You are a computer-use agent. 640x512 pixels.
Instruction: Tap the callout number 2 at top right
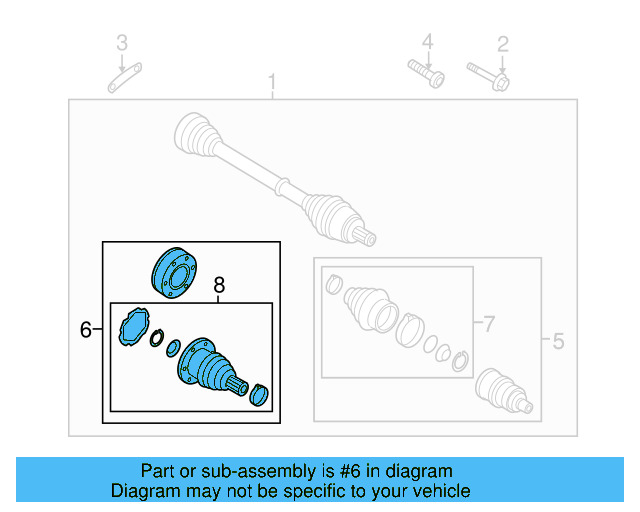[503, 43]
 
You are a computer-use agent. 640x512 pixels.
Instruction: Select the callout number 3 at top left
[122, 43]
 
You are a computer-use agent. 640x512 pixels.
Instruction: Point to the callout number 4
[427, 42]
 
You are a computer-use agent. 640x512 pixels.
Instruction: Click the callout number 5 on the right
[558, 342]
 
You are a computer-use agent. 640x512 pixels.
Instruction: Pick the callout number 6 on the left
[86, 329]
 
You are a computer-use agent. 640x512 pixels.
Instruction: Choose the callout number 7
[488, 323]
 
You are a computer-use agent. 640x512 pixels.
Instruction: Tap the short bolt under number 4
[425, 74]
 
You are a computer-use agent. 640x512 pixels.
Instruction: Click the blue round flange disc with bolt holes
[174, 273]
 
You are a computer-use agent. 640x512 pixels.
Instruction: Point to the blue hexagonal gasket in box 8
[131, 330]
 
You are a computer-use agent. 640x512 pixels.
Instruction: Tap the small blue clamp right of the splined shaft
[259, 394]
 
